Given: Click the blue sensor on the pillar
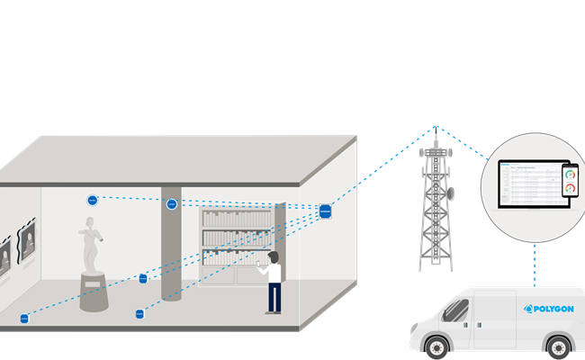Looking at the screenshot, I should point(171,204).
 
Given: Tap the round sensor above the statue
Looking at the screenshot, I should point(92,200).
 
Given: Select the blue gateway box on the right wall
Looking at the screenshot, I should point(325,211).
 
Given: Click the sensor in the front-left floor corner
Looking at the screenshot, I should point(24,318).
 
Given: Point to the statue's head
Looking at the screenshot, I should point(89,222).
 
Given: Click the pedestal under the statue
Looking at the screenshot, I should point(94,292).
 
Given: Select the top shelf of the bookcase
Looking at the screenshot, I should point(236,220).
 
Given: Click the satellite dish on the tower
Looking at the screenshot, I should point(450,193).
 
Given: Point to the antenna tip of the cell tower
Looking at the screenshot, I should point(436,128).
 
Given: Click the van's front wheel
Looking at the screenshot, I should point(432,350).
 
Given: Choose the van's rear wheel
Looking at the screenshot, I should point(558,349).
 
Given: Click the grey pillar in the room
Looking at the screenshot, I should point(171,256).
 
